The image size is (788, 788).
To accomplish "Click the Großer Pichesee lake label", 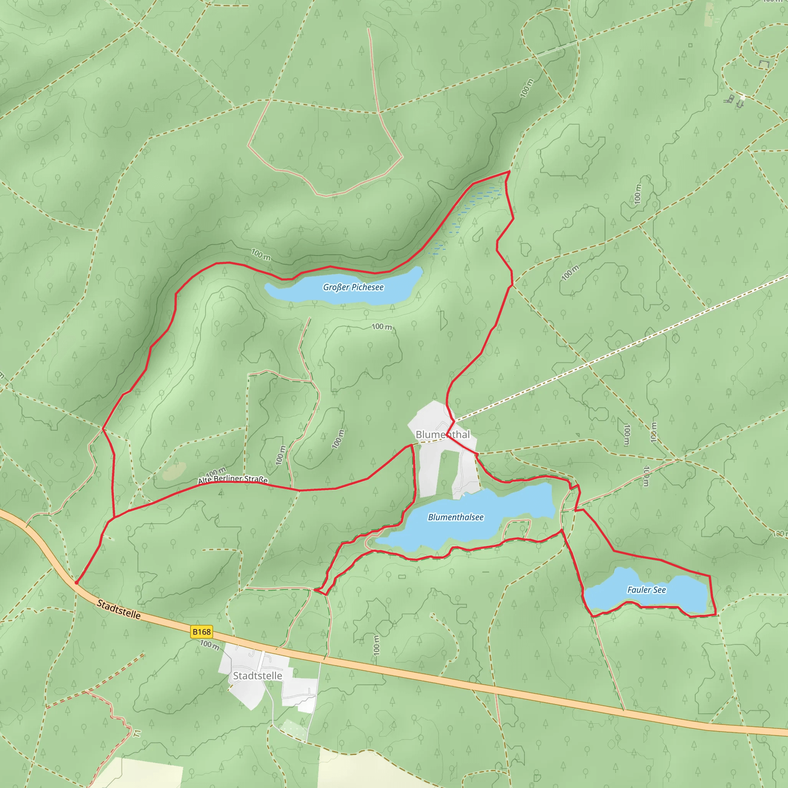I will [353, 287].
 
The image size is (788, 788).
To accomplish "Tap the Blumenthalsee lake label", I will [456, 517].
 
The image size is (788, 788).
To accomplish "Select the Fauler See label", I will [646, 590].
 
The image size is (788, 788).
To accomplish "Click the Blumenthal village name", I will [442, 434].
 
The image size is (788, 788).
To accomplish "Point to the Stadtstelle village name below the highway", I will [257, 676].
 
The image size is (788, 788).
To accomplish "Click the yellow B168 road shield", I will [202, 632].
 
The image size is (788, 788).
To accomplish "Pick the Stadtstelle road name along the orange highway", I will [119, 609].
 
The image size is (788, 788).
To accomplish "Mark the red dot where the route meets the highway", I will [76, 583].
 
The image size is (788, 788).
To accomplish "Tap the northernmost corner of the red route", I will [509, 171].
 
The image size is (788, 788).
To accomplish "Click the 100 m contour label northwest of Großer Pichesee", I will [260, 254].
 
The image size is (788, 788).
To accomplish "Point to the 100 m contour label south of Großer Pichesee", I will [382, 326].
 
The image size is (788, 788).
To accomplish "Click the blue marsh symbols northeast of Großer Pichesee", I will [469, 212].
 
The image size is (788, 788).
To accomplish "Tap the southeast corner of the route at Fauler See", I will [716, 614].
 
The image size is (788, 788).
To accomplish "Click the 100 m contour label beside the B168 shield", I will [210, 645].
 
